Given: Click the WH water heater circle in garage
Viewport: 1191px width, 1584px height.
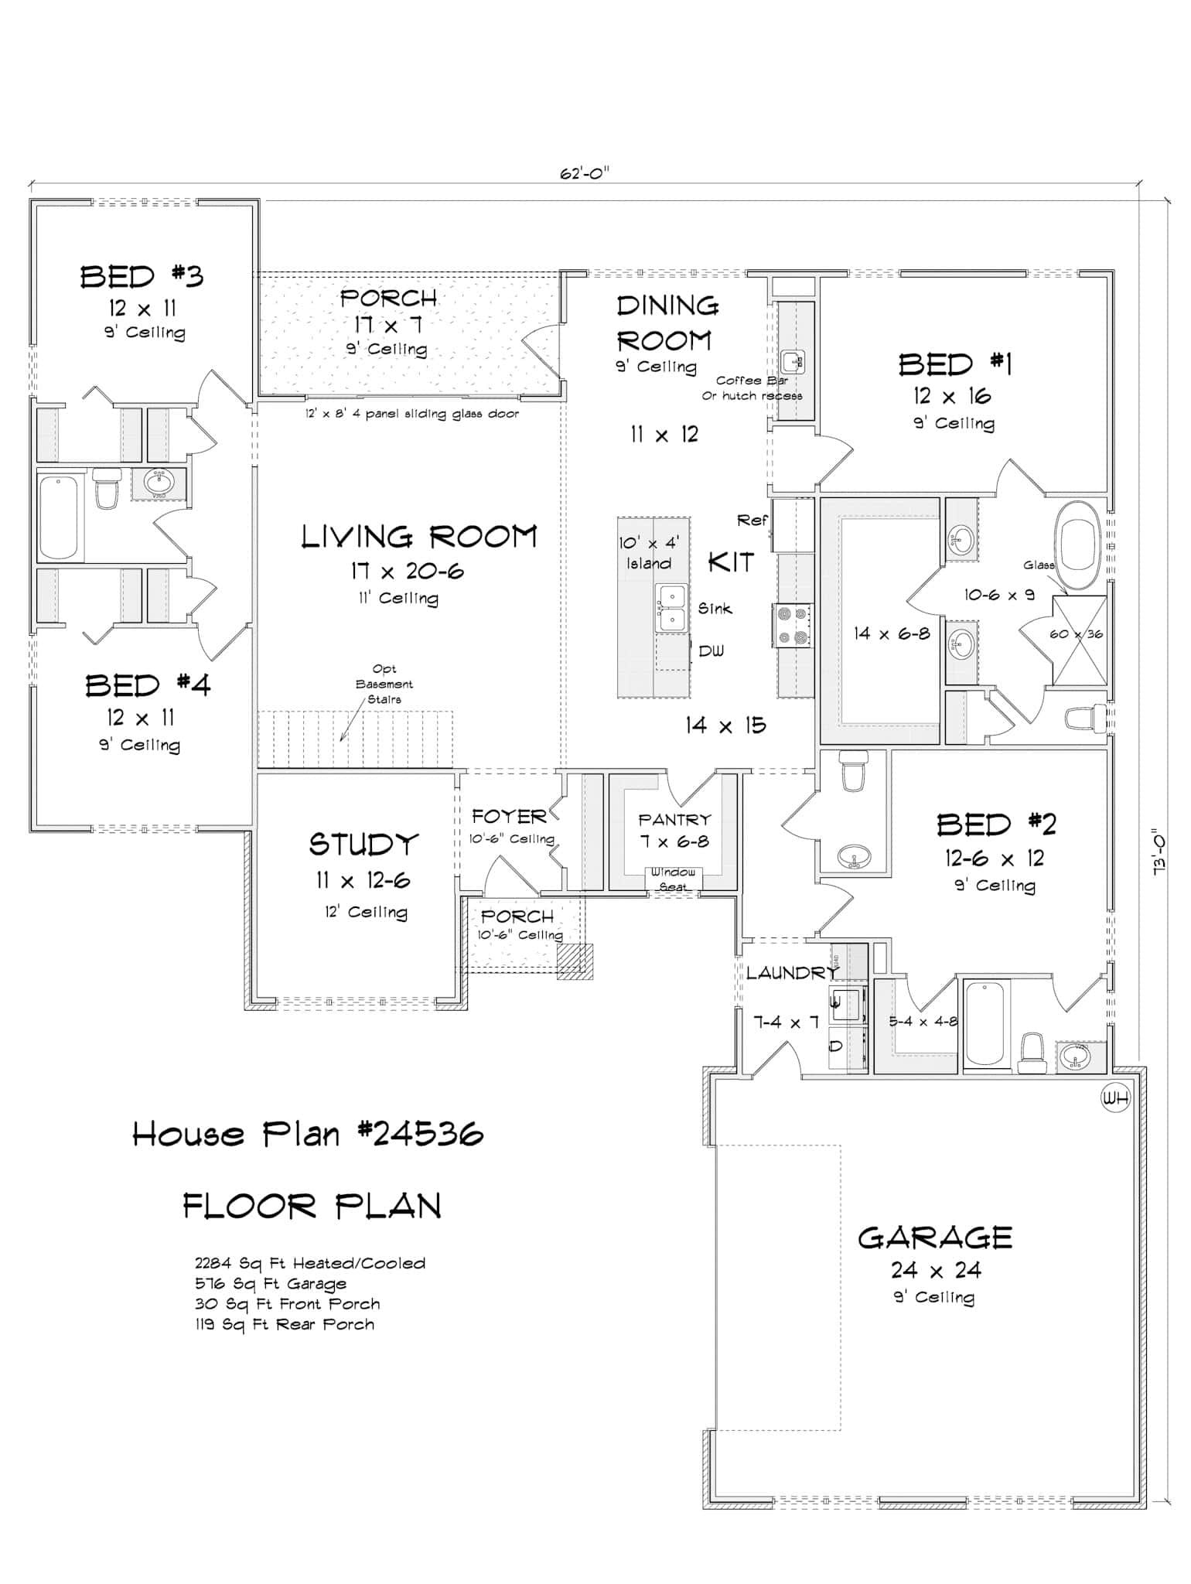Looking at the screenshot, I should click(1115, 1098).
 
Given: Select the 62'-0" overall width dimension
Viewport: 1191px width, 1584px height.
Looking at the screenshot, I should click(585, 173).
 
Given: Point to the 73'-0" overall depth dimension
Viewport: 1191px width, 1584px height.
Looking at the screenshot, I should click(1159, 848).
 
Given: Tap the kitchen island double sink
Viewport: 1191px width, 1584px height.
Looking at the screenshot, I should click(671, 608).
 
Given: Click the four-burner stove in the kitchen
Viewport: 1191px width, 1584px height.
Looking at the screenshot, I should click(793, 625).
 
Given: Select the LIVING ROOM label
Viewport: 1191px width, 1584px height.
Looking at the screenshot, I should click(418, 537).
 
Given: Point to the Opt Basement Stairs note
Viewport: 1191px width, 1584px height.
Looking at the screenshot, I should click(384, 684).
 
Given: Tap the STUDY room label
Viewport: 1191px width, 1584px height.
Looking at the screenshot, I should click(363, 845).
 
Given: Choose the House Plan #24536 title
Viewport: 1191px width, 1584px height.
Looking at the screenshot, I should click(308, 1135).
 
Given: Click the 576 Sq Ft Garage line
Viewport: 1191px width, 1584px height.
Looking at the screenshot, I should click(270, 1284).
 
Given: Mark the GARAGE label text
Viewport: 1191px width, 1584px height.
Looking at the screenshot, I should click(934, 1238).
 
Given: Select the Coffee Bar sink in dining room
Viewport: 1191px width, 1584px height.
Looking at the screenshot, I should click(793, 361).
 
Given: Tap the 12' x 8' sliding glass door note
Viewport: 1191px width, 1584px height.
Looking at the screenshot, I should click(411, 414).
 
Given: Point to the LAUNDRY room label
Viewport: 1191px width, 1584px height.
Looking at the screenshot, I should click(790, 973).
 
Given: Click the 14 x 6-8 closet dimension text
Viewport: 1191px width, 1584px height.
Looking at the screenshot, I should click(891, 633).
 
